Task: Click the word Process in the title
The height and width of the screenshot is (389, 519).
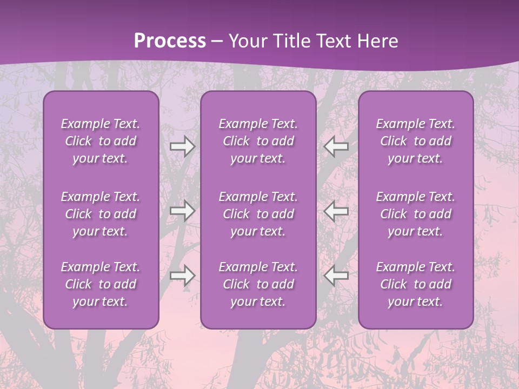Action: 170,41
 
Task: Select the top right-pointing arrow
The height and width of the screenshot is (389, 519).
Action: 182,146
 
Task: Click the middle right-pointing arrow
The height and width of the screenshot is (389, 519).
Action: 182,211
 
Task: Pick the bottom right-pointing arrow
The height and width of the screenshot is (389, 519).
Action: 182,276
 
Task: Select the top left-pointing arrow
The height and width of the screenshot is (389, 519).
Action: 336,146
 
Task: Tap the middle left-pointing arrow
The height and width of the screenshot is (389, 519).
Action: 336,211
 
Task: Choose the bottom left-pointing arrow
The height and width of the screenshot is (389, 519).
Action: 336,276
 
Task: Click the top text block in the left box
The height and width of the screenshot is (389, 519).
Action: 101,141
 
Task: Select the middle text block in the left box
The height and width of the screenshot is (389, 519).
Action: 101,214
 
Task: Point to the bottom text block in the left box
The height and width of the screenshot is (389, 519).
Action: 101,284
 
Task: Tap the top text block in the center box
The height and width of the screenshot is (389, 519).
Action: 258,141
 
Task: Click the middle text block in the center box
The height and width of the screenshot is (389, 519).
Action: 258,214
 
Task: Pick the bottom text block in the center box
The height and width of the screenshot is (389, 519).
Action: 258,284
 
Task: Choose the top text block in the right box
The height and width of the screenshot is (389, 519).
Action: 416,141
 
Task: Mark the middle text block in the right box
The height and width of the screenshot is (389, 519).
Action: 416,214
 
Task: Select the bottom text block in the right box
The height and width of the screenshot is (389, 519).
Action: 416,284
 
